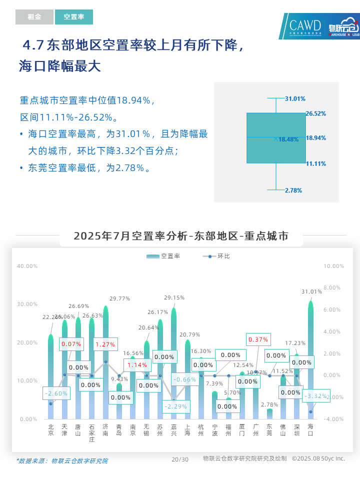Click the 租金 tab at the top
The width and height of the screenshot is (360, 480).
click(34, 17)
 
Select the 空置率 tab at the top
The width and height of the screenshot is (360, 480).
click(74, 17)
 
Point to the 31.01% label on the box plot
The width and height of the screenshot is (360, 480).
click(295, 99)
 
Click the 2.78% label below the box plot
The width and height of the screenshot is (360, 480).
click(293, 190)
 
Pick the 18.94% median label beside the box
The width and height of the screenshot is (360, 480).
click(315, 137)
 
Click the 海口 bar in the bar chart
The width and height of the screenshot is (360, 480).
click(310, 360)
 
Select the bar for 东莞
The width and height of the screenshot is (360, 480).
click(269, 414)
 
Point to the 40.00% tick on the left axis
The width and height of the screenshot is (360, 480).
click(27, 266)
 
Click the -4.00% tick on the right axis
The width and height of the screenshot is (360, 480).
click(333, 419)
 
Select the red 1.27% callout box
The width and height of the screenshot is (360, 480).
click(105, 344)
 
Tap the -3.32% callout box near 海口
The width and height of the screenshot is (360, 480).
click(315, 396)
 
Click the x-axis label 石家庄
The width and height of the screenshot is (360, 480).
click(91, 433)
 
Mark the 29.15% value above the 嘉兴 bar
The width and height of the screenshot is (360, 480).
click(174, 297)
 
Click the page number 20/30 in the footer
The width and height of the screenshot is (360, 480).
click(180, 459)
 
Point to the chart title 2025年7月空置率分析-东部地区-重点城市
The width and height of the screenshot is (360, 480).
click(181, 236)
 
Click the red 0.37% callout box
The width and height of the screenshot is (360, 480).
click(258, 339)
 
